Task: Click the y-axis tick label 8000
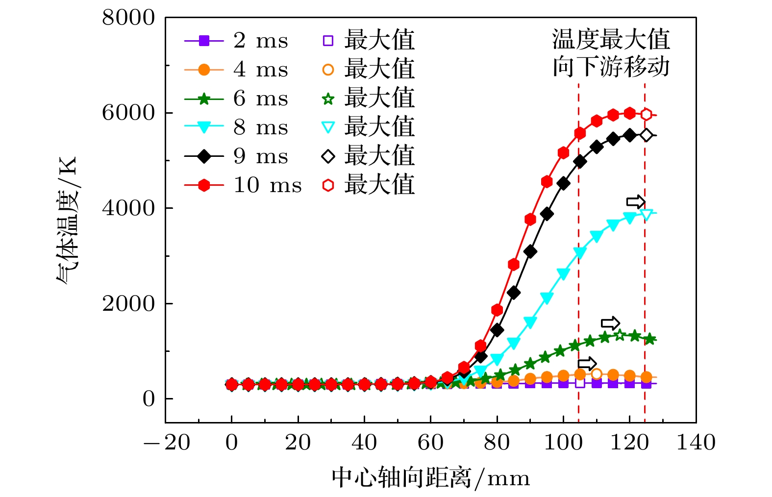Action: point(128,18)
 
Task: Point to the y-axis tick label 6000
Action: point(128,113)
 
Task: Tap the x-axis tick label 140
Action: point(696,443)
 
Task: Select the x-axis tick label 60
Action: point(430,443)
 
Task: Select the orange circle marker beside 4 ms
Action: point(204,70)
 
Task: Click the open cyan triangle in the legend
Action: point(328,128)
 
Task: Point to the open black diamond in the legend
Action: point(328,156)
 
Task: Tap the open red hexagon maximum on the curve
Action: point(646,115)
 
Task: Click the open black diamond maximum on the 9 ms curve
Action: point(646,135)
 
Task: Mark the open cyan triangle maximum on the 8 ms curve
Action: point(646,214)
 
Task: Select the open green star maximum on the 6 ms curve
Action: point(620,335)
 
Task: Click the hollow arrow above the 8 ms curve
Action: point(636,201)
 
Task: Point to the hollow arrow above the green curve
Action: point(610,323)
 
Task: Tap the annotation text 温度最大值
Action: point(611,39)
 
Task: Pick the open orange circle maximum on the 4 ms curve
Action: point(597,374)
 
